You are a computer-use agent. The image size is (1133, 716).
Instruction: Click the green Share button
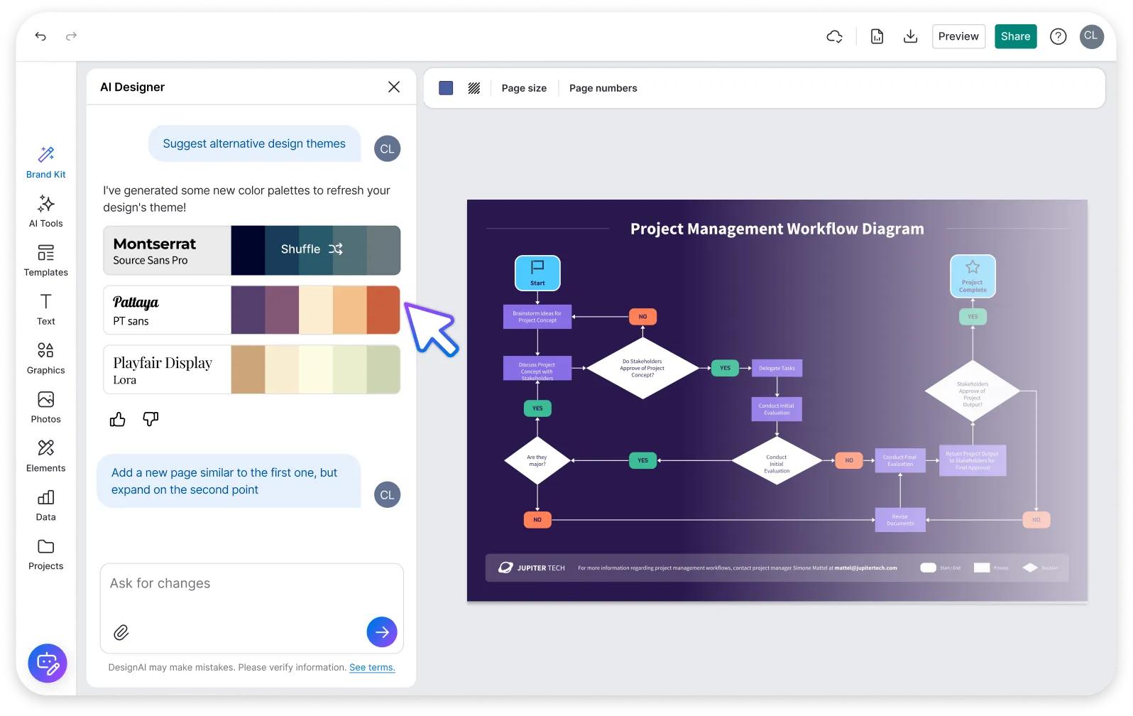pyautogui.click(x=1015, y=36)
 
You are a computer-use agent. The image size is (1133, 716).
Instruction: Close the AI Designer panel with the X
pyautogui.click(x=394, y=87)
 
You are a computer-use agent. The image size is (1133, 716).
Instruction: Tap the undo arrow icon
pyautogui.click(x=40, y=36)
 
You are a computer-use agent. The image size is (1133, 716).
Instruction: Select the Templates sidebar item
pyautogui.click(x=45, y=260)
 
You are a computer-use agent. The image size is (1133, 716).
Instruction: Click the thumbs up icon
pyautogui.click(x=118, y=420)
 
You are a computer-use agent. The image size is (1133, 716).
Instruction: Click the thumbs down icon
pyautogui.click(x=150, y=419)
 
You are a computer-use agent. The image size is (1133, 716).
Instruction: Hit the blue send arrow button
pyautogui.click(x=382, y=631)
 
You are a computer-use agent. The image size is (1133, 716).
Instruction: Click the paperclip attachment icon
pyautogui.click(x=121, y=632)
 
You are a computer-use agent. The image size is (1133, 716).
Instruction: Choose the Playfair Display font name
pyautogui.click(x=163, y=363)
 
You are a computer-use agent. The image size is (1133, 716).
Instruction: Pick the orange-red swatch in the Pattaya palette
pyautogui.click(x=383, y=310)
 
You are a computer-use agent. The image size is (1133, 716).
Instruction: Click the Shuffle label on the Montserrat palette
pyautogui.click(x=301, y=249)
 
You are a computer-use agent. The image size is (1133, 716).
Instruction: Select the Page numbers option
pyautogui.click(x=603, y=88)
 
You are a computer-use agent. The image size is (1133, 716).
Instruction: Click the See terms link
pyautogui.click(x=372, y=667)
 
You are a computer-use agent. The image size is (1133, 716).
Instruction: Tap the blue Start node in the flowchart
pyautogui.click(x=537, y=273)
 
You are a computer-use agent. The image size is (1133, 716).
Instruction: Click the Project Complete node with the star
pyautogui.click(x=973, y=276)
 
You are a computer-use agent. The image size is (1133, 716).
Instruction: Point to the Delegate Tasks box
pyautogui.click(x=777, y=368)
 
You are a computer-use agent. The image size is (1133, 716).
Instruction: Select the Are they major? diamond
pyautogui.click(x=537, y=460)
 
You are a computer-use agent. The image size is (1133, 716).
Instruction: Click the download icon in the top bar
pyautogui.click(x=910, y=36)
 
